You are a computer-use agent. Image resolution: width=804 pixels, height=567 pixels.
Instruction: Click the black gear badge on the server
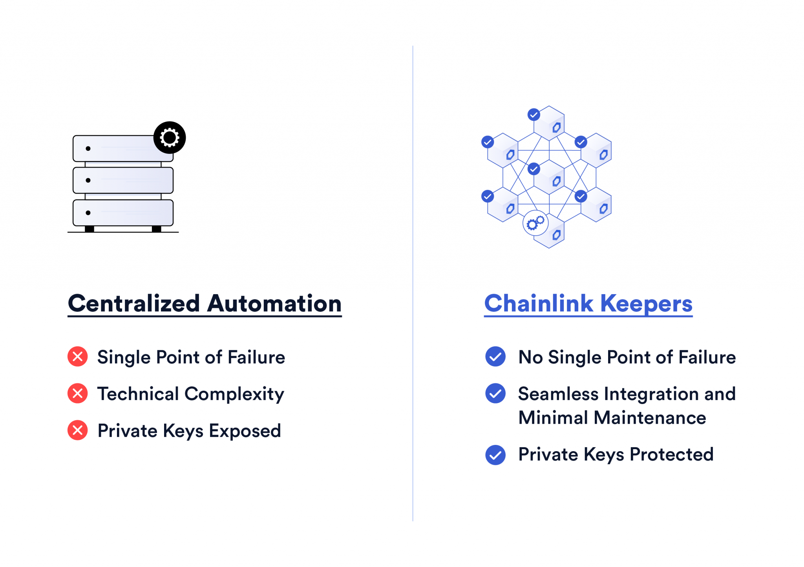[169, 137]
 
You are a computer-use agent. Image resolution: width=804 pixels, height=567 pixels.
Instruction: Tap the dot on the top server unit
[88, 148]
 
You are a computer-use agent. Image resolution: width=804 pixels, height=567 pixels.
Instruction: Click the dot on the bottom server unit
[88, 213]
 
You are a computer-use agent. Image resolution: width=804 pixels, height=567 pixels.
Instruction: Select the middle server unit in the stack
[123, 180]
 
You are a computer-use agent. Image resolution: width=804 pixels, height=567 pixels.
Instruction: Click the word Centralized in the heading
[134, 304]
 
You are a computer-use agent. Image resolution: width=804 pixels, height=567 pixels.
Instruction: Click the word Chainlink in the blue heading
[539, 304]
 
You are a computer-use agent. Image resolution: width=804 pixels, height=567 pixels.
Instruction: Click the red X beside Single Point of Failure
[78, 357]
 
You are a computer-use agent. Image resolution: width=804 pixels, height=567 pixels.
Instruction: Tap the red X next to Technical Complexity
[78, 393]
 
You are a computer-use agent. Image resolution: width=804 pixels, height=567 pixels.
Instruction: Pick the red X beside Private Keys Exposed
[78, 430]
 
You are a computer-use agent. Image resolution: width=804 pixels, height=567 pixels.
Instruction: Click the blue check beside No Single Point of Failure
[495, 357]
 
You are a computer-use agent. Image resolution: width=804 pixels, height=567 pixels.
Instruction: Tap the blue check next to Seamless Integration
[495, 393]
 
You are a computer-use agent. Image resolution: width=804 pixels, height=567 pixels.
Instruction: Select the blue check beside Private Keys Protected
[495, 455]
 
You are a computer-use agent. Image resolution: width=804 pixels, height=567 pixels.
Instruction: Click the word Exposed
[245, 431]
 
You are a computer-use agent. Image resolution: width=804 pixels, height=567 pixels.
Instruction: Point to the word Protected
[671, 455]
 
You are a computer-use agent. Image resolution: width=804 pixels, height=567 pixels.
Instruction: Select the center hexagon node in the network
[549, 177]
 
